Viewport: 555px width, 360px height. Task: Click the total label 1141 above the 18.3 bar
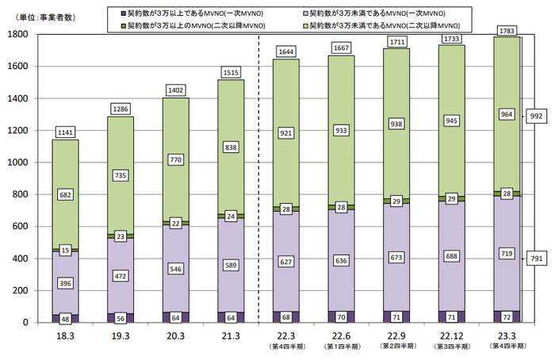click(x=65, y=131)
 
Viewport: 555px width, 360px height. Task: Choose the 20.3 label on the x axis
click(x=175, y=335)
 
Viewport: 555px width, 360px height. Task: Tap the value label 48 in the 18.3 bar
click(x=65, y=317)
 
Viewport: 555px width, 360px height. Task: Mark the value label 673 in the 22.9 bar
click(x=397, y=259)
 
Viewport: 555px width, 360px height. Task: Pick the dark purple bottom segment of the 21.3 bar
click(x=231, y=317)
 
